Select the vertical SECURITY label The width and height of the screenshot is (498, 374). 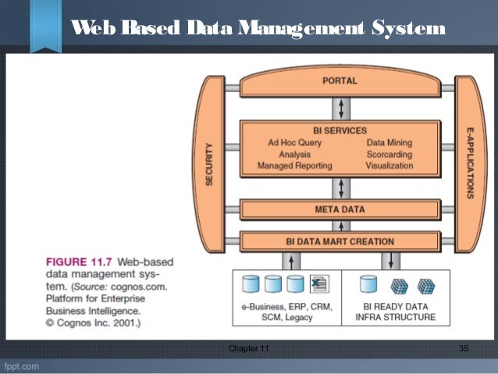209,165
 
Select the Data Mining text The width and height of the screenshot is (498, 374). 390,143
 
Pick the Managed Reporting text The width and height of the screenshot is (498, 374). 295,166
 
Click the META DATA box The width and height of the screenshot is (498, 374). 340,209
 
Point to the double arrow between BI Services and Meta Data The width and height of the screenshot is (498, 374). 340,188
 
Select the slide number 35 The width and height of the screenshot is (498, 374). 463,347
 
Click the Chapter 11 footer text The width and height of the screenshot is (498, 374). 247,347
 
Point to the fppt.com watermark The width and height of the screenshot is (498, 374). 23,365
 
